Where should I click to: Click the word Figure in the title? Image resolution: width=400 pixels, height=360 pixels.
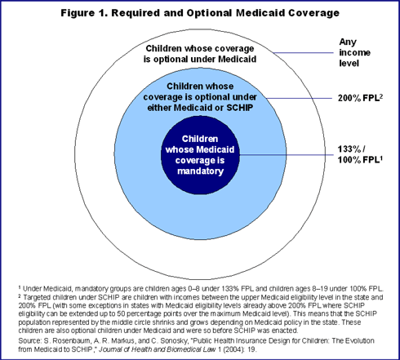[78, 13]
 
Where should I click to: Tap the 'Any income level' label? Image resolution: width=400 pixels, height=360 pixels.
[354, 52]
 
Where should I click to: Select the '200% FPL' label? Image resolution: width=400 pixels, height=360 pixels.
[360, 98]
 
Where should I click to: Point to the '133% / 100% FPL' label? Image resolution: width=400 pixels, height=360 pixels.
[360, 154]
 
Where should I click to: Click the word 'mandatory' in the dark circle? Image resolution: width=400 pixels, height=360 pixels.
[200, 171]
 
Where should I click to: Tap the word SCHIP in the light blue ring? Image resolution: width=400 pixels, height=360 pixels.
[240, 108]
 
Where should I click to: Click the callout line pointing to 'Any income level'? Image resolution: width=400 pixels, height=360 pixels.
[304, 52]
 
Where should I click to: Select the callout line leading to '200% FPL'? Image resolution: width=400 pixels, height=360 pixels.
[300, 98]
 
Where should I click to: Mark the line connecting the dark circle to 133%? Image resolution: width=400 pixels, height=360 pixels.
[287, 155]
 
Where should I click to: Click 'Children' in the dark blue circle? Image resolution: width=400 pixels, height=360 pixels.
[200, 139]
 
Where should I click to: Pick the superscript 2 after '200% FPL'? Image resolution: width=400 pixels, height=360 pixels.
[381, 96]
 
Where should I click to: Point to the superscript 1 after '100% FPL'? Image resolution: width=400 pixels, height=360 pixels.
[381, 158]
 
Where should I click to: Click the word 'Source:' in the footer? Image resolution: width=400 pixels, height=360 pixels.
[29, 340]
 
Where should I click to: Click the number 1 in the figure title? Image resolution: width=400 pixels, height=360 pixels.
[103, 13]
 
